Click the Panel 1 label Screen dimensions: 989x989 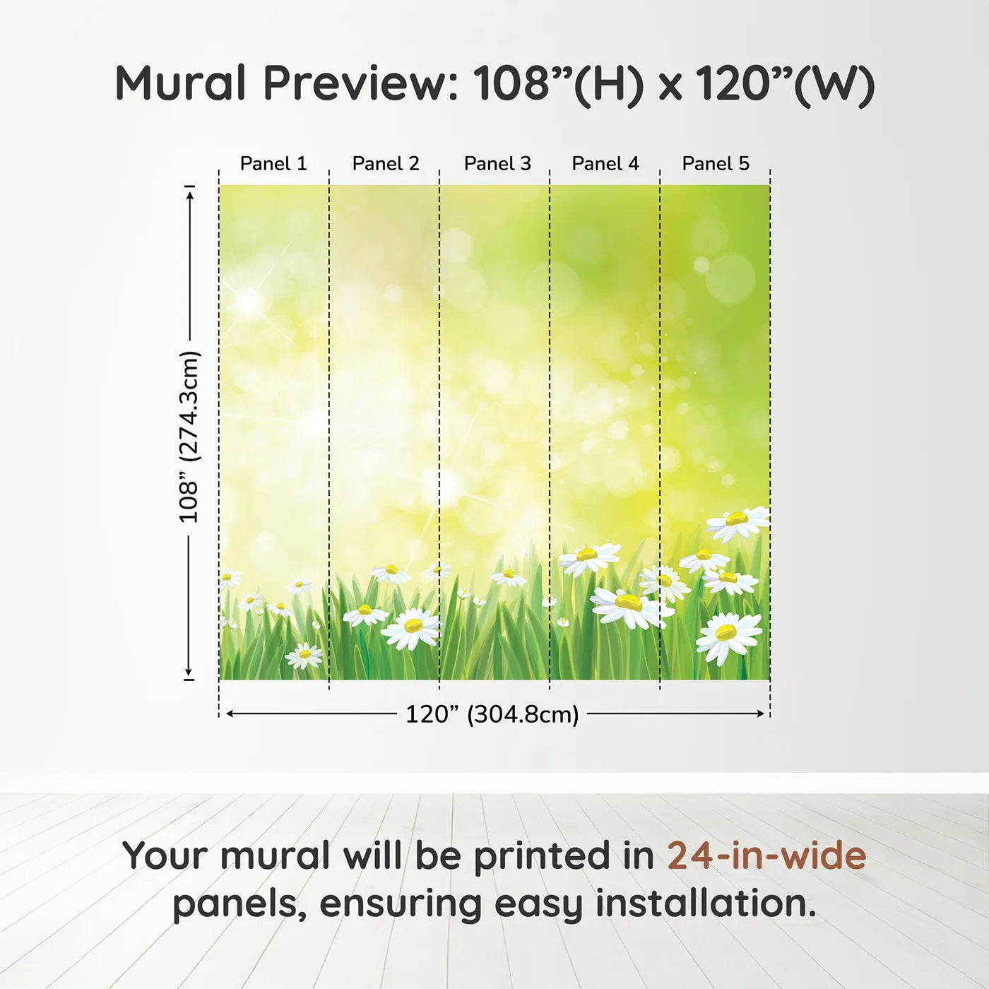click(273, 164)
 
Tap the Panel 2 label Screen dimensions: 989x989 click(386, 164)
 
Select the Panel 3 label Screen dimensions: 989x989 click(497, 164)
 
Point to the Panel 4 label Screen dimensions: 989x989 click(605, 164)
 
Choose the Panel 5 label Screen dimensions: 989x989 click(716, 164)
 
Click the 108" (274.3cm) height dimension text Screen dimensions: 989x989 click(189, 437)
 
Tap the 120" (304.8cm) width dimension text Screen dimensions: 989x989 click(492, 714)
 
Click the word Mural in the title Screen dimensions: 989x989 click(181, 83)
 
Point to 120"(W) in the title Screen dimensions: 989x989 click(785, 84)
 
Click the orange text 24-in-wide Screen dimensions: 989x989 click(766, 855)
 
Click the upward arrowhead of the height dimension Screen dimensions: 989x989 click(190, 196)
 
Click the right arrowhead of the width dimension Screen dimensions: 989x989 click(760, 713)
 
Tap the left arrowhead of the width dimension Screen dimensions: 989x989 click(231, 713)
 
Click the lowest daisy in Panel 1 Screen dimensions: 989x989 click(304, 656)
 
